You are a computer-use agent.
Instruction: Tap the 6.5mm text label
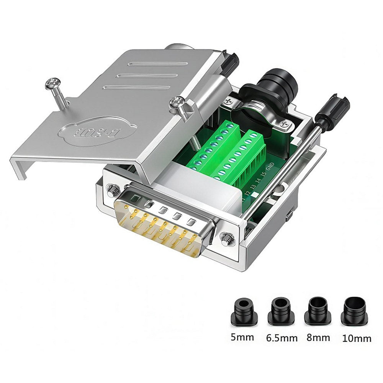(282, 338)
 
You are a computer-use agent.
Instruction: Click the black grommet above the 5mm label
(244, 311)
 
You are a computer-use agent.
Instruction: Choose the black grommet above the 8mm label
(318, 311)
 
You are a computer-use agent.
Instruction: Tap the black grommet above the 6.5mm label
(282, 311)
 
